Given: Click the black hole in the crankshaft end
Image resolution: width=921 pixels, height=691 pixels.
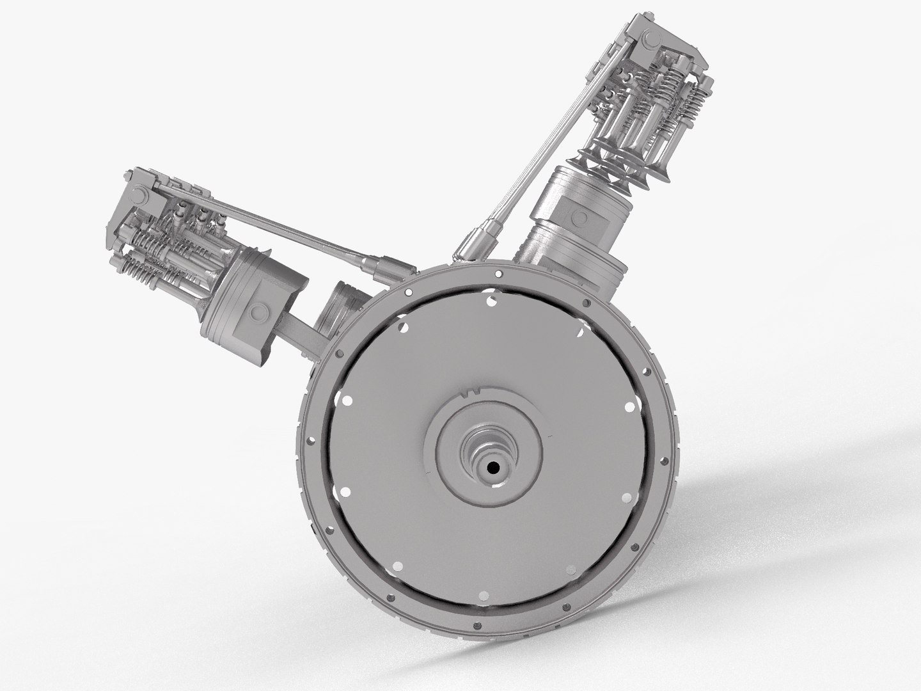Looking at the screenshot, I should pos(493,468).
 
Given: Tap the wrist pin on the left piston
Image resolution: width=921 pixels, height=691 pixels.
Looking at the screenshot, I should pos(259,312).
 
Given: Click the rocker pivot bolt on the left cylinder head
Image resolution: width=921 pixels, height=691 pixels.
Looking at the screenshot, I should pos(138,197).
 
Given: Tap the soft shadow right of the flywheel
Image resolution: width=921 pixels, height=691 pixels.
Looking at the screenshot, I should pos(799,512).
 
